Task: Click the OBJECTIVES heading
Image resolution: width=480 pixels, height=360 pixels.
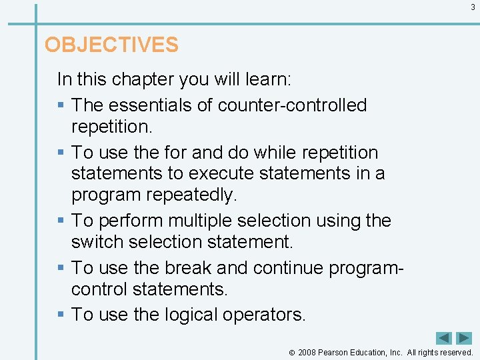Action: tap(111, 45)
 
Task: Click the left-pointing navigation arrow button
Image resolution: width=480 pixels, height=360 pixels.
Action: tap(444, 339)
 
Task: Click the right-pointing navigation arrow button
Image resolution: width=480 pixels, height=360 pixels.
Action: tap(464, 339)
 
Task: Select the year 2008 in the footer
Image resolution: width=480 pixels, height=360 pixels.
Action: tap(307, 353)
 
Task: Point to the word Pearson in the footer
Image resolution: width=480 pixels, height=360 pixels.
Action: tap(333, 353)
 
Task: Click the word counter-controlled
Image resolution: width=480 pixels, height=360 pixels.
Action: tap(292, 105)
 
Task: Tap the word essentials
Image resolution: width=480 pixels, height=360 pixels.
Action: tap(151, 105)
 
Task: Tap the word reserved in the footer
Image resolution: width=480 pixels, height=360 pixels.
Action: tap(454, 353)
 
